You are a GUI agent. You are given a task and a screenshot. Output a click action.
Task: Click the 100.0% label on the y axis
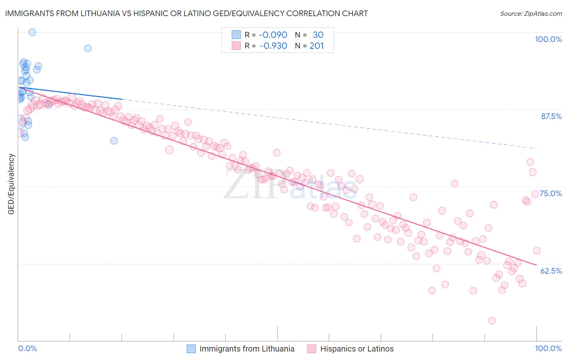(548, 40)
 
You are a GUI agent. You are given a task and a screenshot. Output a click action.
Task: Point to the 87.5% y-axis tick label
(551, 116)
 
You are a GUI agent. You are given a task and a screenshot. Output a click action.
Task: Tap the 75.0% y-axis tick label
(551, 193)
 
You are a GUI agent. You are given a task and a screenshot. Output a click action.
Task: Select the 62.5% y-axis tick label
(551, 271)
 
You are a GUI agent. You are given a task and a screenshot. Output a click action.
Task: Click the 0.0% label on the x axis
(28, 348)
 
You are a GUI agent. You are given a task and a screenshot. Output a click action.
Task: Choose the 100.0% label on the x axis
(548, 348)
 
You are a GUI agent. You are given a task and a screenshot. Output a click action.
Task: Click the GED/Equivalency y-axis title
(11, 184)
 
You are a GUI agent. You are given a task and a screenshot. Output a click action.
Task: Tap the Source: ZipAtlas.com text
(531, 14)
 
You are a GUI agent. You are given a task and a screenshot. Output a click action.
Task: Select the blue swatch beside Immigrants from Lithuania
(191, 349)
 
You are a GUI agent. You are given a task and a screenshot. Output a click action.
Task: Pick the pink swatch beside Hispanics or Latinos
(312, 349)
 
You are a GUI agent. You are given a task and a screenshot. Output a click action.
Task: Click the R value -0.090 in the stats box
(273, 35)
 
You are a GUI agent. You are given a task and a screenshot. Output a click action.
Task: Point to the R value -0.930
(273, 46)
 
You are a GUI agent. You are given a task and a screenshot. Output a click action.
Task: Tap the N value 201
(317, 46)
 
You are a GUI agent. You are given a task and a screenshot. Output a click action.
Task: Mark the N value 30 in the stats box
(318, 35)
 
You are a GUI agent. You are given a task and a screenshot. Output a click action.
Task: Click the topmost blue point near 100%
(32, 32)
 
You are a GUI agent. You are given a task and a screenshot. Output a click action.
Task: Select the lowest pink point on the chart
(492, 321)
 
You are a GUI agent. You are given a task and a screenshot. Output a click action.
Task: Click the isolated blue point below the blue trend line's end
(114, 141)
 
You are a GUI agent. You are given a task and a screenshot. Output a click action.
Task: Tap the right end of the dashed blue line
(537, 149)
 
